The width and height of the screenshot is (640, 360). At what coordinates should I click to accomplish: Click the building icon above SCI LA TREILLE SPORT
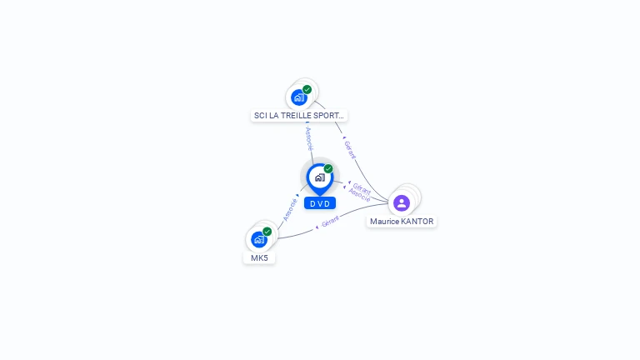pos(299,97)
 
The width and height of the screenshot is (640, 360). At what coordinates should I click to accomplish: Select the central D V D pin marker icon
pos(318,177)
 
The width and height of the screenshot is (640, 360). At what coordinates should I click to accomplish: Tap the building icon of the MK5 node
pos(259,239)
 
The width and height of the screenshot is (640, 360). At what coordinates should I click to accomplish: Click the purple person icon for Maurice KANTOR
pos(402,202)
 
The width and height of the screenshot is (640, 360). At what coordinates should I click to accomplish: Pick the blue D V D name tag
pos(319,203)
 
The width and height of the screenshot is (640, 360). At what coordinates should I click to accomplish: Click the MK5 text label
pos(259,258)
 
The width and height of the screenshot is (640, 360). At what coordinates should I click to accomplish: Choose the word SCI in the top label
pos(261,116)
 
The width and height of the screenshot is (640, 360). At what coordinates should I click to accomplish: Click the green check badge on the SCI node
pos(307,89)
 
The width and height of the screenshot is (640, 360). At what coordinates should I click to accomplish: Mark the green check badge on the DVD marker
pos(328,168)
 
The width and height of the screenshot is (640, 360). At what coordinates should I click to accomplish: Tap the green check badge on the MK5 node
pos(267,231)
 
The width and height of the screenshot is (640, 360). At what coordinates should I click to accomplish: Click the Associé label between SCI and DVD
pos(309,138)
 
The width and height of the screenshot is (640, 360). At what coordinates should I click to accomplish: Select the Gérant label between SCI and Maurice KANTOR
pos(350,150)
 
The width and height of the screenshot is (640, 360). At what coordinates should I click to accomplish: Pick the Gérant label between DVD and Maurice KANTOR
pos(362,187)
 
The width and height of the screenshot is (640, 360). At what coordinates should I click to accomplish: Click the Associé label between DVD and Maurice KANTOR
pos(360,196)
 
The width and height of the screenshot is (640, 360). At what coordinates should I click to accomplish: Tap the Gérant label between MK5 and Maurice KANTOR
pos(330,222)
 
